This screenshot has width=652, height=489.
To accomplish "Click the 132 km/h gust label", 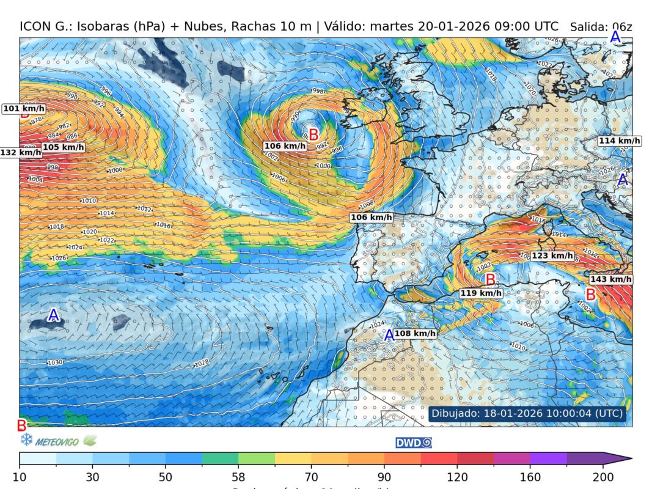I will click(x=21, y=152).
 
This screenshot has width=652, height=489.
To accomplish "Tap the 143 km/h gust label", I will click(x=610, y=279).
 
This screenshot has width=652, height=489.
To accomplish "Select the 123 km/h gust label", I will click(x=552, y=256).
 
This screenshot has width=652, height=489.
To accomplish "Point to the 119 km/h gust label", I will click(x=481, y=293).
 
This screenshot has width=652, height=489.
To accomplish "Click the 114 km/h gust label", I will click(x=619, y=141).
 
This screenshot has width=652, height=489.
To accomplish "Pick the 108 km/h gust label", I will click(x=415, y=333).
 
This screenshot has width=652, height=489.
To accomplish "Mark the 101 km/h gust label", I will click(x=24, y=109).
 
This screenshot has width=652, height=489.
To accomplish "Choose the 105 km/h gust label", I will click(x=63, y=147).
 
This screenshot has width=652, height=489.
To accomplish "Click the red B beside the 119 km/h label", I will click(x=490, y=279).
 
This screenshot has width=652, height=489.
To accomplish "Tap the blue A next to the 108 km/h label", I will click(x=389, y=334).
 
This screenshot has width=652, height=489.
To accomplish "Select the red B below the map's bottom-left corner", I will click(x=21, y=425).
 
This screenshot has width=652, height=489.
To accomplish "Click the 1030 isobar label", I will click(x=55, y=362).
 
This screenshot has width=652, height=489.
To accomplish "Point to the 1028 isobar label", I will click(x=202, y=364).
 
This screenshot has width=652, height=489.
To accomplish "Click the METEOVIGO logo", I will click(x=57, y=440).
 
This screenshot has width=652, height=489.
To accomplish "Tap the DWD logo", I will click(x=414, y=443).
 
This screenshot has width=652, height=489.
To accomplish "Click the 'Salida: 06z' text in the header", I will click(x=601, y=27).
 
